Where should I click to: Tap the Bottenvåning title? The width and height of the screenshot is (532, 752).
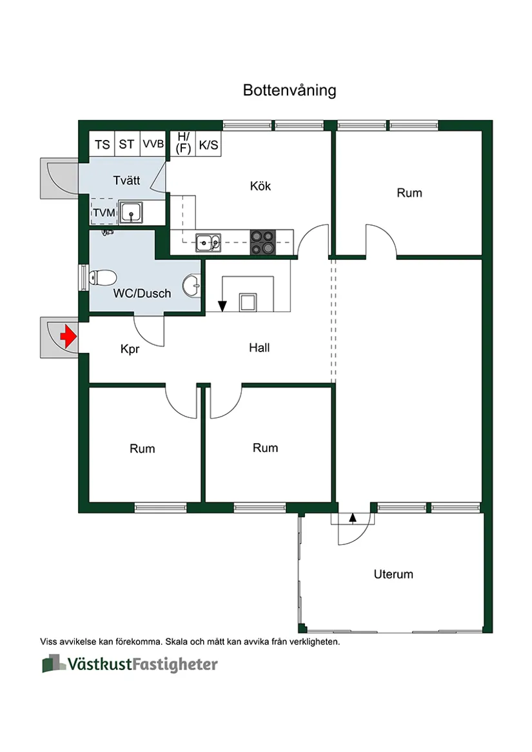point(290,90)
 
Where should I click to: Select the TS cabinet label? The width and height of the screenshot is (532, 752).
point(102,144)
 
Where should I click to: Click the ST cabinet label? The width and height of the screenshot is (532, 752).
point(126,144)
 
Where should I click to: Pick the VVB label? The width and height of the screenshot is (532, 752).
point(153,144)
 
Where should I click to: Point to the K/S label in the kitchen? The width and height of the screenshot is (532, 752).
point(208,145)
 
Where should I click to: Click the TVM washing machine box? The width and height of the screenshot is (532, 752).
point(103,212)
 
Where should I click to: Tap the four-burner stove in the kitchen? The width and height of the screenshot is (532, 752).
point(263,242)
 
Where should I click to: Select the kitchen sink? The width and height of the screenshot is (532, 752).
point(208,242)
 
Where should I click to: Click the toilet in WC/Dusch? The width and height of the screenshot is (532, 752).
point(101,278)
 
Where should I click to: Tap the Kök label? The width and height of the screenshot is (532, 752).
point(261,186)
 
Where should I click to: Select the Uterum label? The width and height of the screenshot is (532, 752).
point(393,574)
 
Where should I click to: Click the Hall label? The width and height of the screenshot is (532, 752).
point(259,348)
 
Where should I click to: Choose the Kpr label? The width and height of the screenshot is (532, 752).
point(130,350)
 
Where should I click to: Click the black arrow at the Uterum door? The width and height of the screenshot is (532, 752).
point(353,517)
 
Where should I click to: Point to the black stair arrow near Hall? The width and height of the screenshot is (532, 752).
point(222,306)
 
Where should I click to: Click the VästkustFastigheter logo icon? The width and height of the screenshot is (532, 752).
point(54,664)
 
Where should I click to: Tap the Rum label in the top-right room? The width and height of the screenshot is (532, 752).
point(409,193)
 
